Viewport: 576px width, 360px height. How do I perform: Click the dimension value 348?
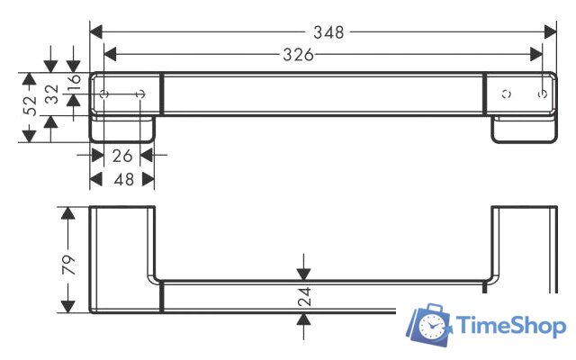[x=328, y=31]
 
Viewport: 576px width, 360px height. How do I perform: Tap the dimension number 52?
[x=31, y=105]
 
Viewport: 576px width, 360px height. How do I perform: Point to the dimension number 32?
[x=51, y=93]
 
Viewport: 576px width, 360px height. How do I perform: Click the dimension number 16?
[x=74, y=79]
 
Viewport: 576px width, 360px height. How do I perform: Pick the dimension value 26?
[x=123, y=156]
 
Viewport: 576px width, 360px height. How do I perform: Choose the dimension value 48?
[x=123, y=179]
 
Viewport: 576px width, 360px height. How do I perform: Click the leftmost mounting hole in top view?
[x=105, y=94]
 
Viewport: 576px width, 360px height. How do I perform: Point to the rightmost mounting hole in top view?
[x=541, y=93]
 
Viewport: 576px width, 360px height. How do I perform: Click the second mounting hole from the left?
[x=142, y=94]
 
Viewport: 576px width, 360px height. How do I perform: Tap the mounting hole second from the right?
[x=506, y=93]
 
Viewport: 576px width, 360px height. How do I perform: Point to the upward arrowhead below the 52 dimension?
[x=29, y=133]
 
